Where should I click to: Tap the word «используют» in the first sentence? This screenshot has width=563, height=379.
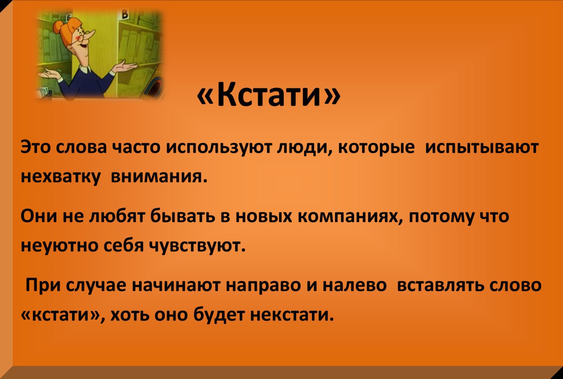click(219, 148)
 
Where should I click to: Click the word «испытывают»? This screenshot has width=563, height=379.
click(482, 148)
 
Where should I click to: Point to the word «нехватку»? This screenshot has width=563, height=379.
click(61, 178)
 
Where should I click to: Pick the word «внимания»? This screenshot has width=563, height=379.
click(159, 177)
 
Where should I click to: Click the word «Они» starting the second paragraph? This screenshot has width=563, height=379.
click(39, 216)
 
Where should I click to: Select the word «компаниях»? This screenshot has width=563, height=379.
click(351, 217)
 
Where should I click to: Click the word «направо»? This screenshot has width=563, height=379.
click(263, 285)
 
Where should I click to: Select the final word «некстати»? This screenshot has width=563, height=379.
click(292, 314)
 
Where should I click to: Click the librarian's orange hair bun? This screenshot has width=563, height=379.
click(58, 26)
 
